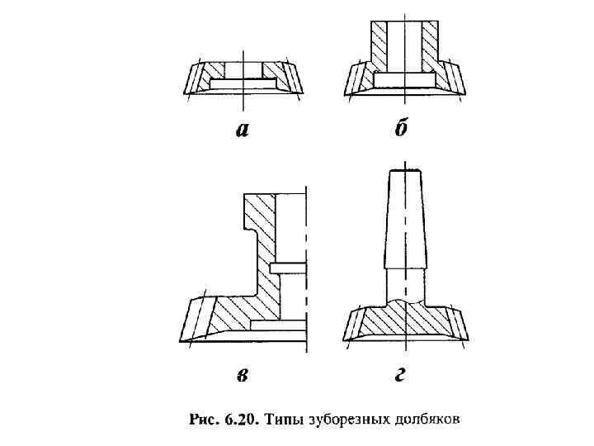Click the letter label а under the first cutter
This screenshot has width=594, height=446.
pos(242,130)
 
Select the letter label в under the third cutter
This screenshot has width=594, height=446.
pos(242,376)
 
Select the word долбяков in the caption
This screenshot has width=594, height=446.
pos(427,420)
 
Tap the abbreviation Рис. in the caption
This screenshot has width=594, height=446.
pos(205,420)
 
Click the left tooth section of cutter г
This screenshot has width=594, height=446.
pos(358,321)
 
